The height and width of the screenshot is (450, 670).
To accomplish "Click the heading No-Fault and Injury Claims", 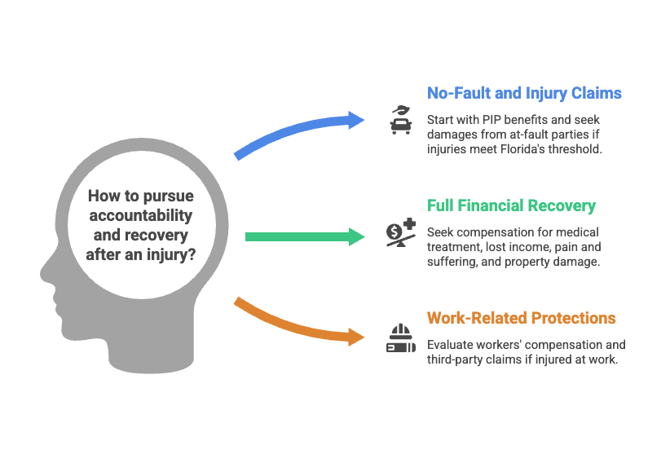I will click(524, 94).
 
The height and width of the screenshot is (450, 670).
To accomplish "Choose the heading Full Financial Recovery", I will click(511, 206).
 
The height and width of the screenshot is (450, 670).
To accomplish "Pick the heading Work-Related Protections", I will click(521, 318).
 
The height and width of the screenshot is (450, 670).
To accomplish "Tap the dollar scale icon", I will click(400, 233).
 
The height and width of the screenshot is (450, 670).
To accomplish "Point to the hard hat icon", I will click(399, 337).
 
